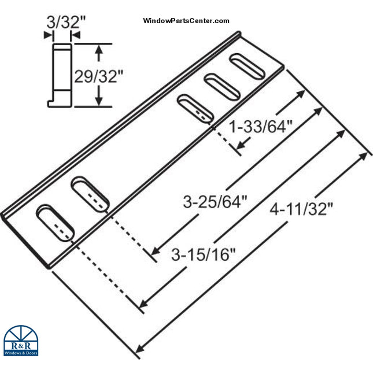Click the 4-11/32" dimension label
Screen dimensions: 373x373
pos(302,208)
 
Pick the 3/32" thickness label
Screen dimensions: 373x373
pos(58,23)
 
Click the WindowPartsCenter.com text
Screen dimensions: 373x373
pos(186,21)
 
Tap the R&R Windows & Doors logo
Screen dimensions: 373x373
pos(21,341)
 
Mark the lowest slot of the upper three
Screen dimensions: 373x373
pos(194,108)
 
